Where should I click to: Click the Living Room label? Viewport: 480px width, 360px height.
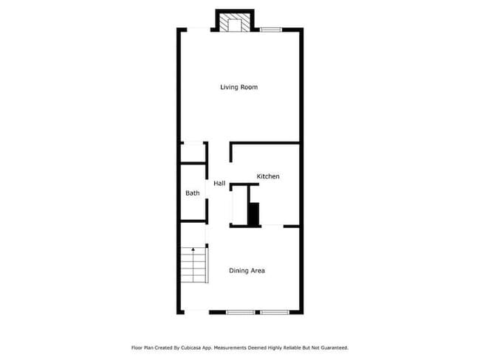(239, 87)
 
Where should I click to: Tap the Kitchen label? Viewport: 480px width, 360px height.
(267, 176)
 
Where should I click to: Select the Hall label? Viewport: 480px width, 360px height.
(219, 183)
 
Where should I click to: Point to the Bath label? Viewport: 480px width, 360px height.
(192, 193)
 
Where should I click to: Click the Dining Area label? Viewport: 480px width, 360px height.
(247, 271)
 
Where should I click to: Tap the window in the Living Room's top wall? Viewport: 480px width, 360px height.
(270, 30)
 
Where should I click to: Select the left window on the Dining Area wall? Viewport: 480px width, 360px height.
(240, 312)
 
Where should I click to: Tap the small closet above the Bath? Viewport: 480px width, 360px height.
(193, 153)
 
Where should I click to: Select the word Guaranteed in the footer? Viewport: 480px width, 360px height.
(331, 347)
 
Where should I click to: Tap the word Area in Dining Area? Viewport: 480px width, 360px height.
(258, 271)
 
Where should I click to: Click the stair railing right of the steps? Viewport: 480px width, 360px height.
(208, 269)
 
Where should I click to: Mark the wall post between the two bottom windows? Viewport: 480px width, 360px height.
(256, 312)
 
